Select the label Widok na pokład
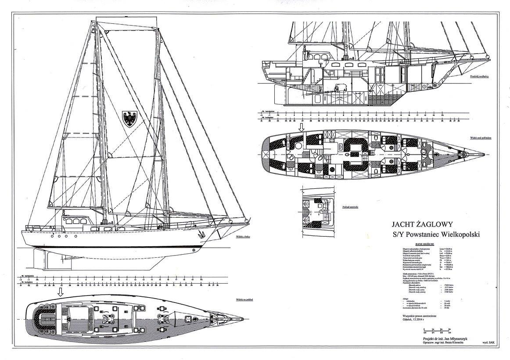point(244,300)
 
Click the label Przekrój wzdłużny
point(479,76)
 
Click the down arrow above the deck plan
point(61,293)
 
